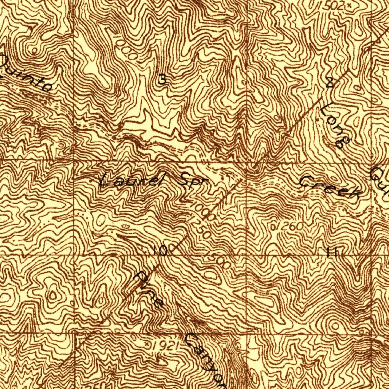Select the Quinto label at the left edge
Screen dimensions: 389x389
(25, 74)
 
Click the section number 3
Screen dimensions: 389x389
(162, 80)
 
